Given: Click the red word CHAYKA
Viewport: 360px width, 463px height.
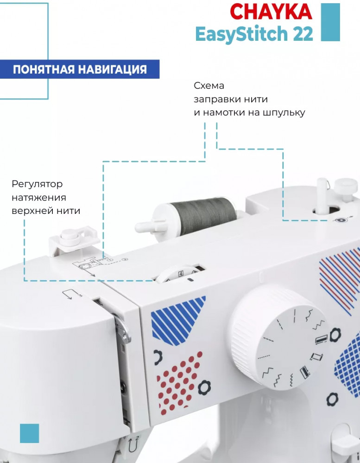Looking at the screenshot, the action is coord(271,12).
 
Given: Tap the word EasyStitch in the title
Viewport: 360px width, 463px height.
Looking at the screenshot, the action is coord(241,34).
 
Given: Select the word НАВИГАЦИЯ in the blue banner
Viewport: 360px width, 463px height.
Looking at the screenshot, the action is coord(112,69).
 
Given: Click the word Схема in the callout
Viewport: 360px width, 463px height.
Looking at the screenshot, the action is coord(209,86).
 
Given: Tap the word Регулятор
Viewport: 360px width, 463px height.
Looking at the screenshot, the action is coord(37,185).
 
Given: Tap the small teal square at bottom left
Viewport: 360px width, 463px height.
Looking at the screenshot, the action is coord(29,433).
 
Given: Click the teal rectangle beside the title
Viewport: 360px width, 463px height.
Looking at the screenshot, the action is coord(330,22).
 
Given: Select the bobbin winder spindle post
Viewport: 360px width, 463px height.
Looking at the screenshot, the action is coord(321,195).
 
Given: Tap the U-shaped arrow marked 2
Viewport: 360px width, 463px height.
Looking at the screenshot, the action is coord(133,444).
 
